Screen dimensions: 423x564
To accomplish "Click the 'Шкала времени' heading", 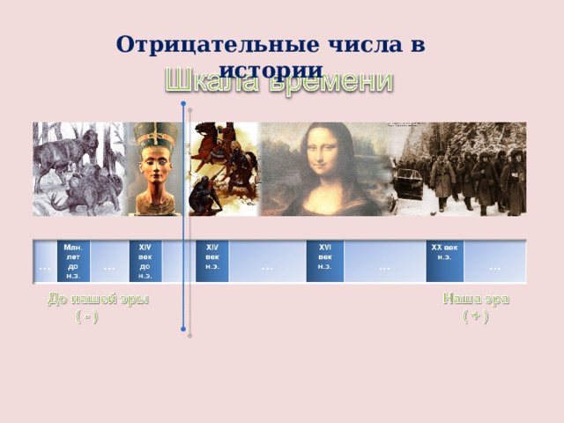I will [x=280, y=81].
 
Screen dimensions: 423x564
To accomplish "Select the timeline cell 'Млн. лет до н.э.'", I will [x=73, y=262].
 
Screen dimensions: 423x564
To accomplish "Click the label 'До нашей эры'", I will [x=98, y=299].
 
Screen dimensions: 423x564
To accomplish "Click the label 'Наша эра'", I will [x=475, y=299].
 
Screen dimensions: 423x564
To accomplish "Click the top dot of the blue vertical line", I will [x=182, y=104].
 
